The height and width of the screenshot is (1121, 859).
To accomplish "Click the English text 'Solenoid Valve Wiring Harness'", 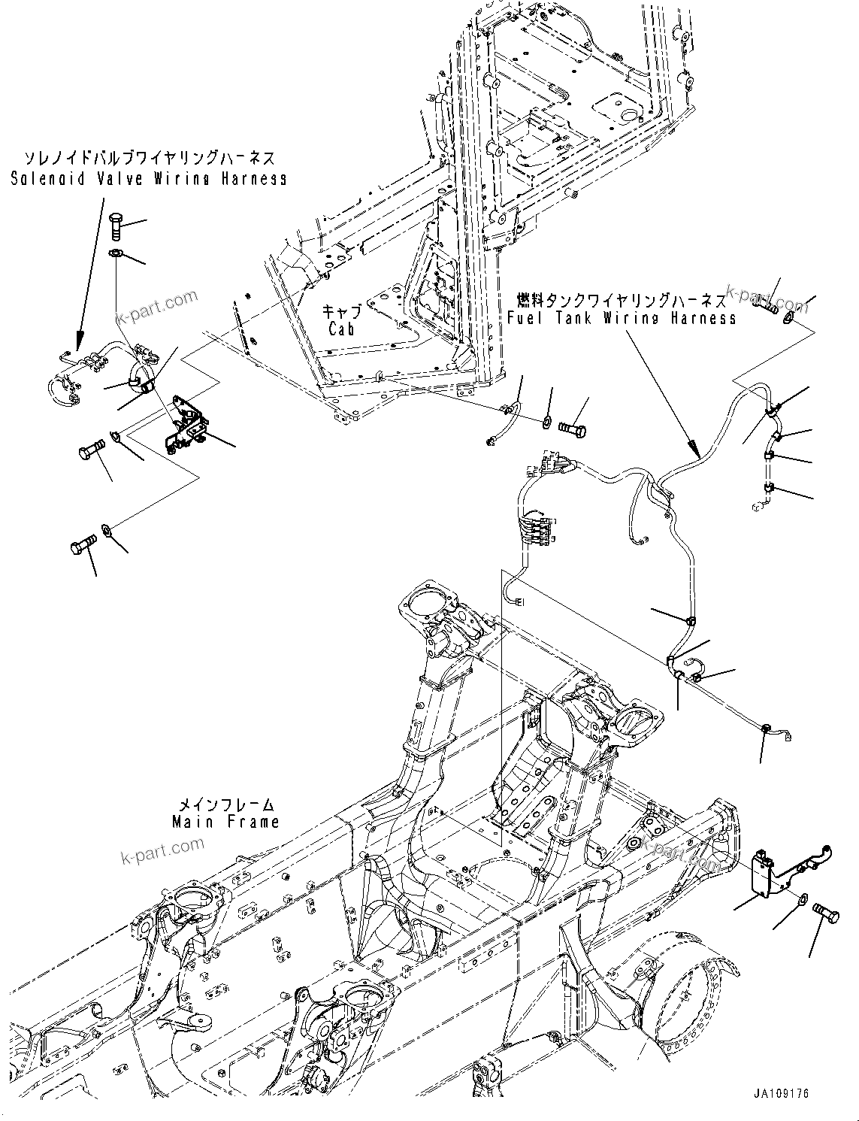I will coord(149,179).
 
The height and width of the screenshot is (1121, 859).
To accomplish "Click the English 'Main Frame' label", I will coord(225,822).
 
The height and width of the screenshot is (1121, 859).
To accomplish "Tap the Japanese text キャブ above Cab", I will coord(342,311).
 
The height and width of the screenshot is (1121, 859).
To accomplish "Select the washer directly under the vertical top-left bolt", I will coord(114,253).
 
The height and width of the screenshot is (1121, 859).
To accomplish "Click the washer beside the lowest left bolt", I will coord(107,532).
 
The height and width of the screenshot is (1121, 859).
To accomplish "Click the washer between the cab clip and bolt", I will coord(546,418).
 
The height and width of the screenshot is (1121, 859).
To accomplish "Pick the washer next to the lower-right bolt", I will coord(802,898).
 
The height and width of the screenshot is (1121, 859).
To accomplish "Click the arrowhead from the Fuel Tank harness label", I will coord(698,454).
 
